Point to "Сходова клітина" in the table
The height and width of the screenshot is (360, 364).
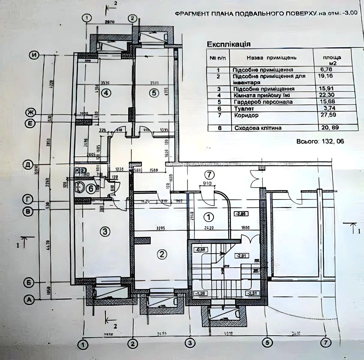pyautogui.click(x=258, y=128)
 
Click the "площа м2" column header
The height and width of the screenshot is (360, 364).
pyautogui.click(x=332, y=60)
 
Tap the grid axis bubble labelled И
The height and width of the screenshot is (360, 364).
pyautogui.click(x=35, y=55)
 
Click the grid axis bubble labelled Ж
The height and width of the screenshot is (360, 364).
pyautogui.click(x=30, y=113)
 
